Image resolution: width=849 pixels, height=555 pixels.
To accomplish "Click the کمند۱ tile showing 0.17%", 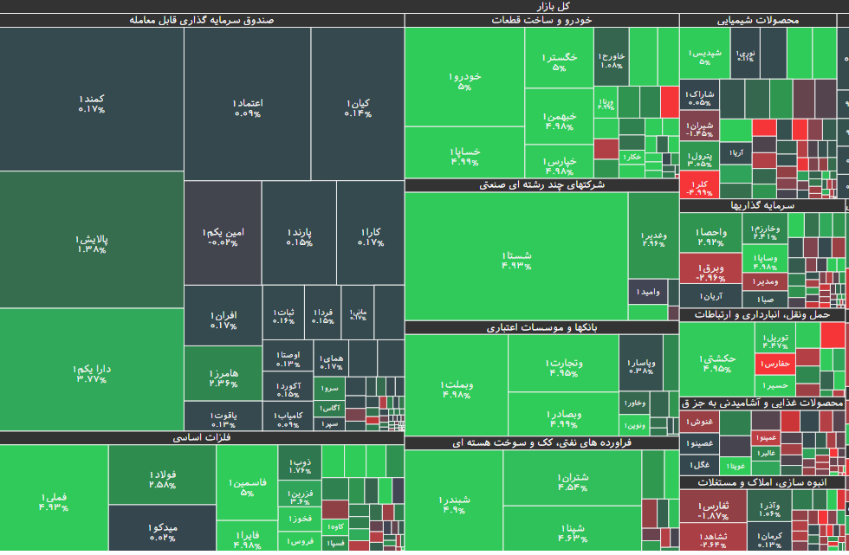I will coord(91,103).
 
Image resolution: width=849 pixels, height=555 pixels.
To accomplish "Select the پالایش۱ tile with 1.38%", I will coord(91,243).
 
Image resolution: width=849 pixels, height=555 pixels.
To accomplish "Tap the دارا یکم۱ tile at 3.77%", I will coord(91,372).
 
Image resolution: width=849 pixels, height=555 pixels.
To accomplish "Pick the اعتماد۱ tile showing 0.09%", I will coord(248,107).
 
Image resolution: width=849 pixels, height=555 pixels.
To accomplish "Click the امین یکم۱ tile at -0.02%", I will coord(223,236).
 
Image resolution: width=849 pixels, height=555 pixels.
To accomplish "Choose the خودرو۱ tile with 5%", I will coord(464,81).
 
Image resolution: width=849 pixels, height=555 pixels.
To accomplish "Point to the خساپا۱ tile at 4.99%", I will coord(464,155).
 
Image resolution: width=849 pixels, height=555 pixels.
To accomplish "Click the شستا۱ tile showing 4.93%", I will coord(515,260).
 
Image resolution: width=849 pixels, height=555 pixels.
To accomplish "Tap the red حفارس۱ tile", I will coord(774,365).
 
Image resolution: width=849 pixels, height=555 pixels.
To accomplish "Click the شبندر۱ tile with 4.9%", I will coord(454,504).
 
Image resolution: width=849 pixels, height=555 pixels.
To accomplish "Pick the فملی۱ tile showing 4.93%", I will coord(53,501).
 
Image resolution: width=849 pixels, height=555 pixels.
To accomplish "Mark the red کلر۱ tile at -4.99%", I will coord(698,187).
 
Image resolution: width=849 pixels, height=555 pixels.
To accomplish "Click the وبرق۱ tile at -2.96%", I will coord(710,272).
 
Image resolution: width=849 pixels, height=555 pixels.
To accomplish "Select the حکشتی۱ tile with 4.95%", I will coord(716,362).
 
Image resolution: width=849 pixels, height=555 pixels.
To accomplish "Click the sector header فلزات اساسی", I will coord(201,438).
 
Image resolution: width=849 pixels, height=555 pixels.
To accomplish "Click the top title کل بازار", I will coord(424,6).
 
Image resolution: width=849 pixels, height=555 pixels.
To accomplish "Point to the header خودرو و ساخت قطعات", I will coord(541,20).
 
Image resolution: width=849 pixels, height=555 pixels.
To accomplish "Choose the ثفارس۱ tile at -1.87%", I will coord(713,509).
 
